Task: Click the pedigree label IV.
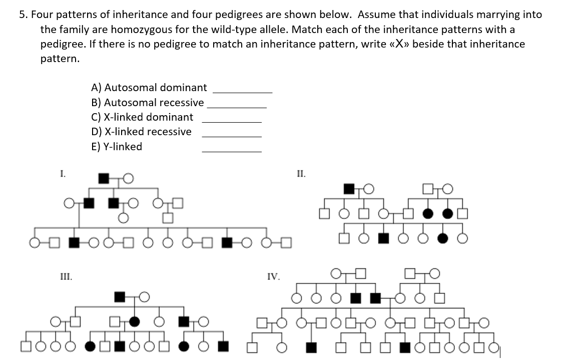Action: point(274,276)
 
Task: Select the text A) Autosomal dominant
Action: point(149,88)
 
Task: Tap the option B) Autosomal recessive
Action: point(148,103)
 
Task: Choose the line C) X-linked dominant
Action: point(142,117)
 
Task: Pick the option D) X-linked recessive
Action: point(141,132)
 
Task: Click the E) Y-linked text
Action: point(117,147)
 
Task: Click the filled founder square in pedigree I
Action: point(104,178)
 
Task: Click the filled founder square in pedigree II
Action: point(349,189)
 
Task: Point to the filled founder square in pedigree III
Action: point(120,296)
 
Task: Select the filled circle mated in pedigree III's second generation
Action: point(135,321)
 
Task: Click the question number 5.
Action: point(23,15)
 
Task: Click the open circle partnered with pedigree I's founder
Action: point(128,178)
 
